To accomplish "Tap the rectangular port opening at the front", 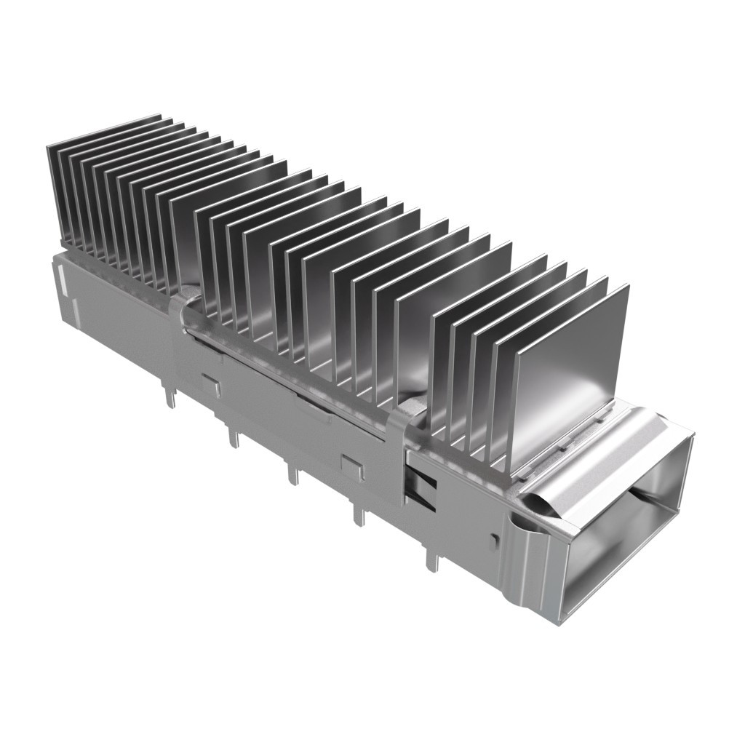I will point(626,531).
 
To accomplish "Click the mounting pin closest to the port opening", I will point(432,560).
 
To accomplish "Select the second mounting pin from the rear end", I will point(233,437).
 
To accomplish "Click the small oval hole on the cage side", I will point(495,539).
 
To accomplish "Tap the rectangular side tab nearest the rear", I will point(211,385).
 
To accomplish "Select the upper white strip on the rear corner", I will point(61,279).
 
